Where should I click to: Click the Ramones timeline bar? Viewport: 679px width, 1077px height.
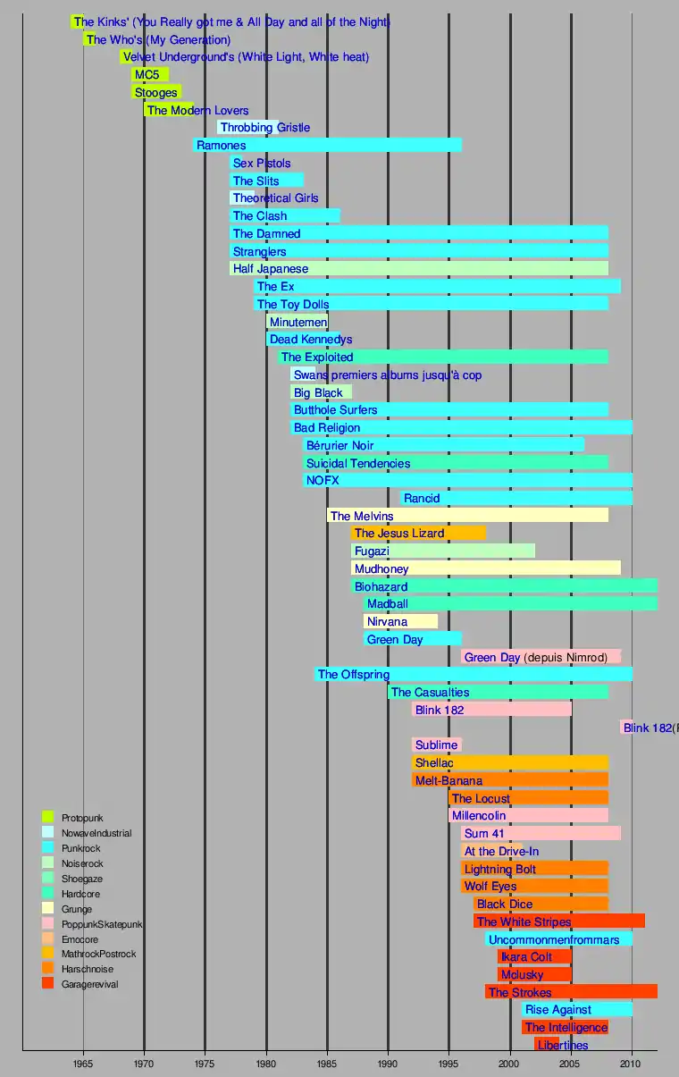click(327, 145)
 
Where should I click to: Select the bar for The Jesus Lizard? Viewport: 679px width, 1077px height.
click(418, 533)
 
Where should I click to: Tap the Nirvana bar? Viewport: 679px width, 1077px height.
click(400, 621)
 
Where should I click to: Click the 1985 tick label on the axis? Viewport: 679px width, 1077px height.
click(327, 1064)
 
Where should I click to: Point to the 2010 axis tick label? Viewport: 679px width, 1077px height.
click(632, 1064)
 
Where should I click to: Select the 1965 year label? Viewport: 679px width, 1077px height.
click(83, 1064)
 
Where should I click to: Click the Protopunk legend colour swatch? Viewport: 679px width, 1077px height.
click(48, 817)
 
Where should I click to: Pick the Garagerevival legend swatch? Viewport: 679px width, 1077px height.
click(48, 983)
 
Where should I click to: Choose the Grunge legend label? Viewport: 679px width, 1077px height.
click(77, 909)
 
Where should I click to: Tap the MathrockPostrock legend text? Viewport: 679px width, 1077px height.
click(98, 954)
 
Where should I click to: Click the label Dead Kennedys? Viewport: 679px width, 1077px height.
click(310, 340)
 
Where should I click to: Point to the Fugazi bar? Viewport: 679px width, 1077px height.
click(443, 551)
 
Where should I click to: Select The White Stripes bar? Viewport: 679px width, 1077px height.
click(558, 921)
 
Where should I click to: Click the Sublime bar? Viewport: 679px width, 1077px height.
click(437, 745)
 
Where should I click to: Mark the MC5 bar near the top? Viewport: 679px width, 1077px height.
click(150, 74)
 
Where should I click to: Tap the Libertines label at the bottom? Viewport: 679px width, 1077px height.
click(563, 1045)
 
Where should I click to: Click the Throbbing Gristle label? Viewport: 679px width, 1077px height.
click(264, 128)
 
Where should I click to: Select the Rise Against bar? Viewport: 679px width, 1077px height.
click(577, 1009)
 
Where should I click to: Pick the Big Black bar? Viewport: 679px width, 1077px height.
click(321, 392)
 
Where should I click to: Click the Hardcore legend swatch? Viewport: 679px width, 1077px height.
click(48, 893)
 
